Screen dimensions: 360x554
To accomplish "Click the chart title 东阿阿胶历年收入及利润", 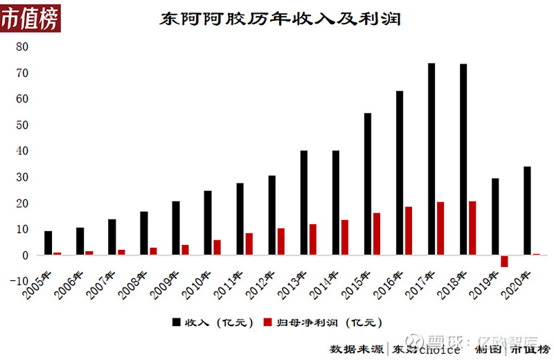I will [280, 19].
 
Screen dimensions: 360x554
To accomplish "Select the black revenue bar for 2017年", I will [431, 159].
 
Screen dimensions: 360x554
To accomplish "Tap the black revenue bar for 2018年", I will [463, 160].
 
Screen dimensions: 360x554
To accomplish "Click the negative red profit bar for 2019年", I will [504, 261].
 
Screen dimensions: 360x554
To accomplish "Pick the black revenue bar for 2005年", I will [48, 243].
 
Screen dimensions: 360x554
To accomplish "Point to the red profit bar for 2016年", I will [409, 231].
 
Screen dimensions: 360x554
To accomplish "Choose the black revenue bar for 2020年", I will [528, 210].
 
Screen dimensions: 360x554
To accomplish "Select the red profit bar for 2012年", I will [281, 242].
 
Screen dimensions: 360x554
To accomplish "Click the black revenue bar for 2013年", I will [304, 203].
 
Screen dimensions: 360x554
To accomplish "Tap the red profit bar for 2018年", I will [472, 228].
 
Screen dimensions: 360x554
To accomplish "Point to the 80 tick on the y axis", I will [22, 47].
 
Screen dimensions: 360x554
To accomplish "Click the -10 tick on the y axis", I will [19, 281].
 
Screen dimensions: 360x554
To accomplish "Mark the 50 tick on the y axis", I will [22, 125].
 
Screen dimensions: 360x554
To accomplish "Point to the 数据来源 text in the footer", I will [356, 348].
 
